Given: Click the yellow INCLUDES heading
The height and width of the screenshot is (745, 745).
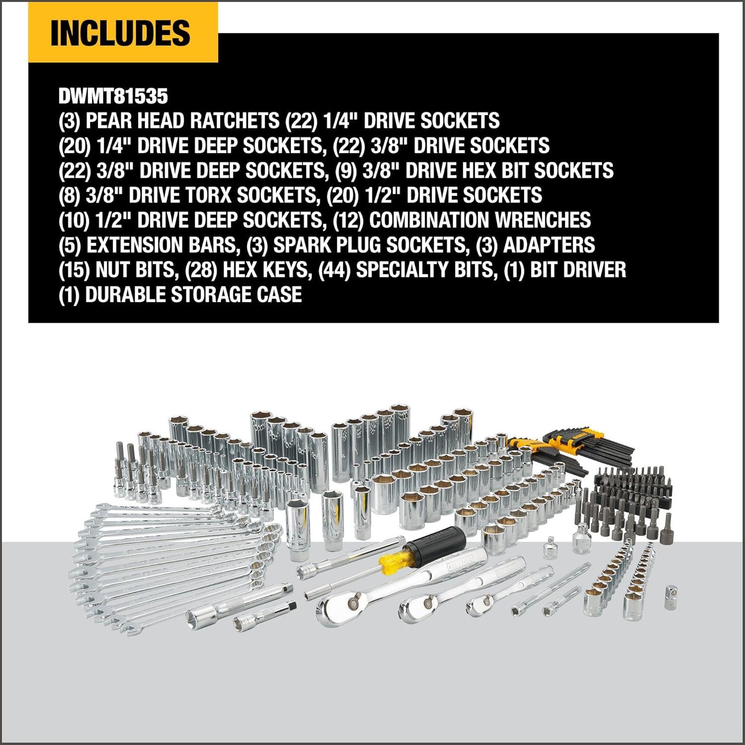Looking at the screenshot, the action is coord(120,33).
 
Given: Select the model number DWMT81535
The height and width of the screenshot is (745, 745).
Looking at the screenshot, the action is coord(113,96).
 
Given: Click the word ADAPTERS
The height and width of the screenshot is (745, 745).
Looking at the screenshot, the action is coord(549,245).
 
